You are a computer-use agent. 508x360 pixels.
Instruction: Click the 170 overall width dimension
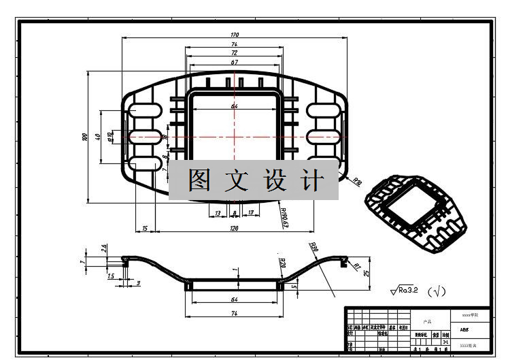235,35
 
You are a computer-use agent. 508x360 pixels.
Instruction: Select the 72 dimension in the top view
235,52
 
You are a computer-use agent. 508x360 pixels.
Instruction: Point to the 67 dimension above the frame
235,62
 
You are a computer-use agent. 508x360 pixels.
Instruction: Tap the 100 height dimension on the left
84,137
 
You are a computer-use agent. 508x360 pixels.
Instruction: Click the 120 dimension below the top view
235,229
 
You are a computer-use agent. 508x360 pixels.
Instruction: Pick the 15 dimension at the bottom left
145,229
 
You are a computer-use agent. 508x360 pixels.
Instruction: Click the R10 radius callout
357,182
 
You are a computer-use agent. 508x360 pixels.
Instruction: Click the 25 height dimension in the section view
366,273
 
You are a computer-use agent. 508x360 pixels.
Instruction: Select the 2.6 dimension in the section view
103,249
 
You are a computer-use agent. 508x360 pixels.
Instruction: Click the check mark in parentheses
437,291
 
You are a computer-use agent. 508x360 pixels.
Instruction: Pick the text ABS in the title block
464,330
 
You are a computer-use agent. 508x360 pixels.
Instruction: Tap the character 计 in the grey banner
312,180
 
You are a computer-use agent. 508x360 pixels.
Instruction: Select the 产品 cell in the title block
427,321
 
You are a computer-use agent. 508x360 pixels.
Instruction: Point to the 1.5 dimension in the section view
111,276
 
